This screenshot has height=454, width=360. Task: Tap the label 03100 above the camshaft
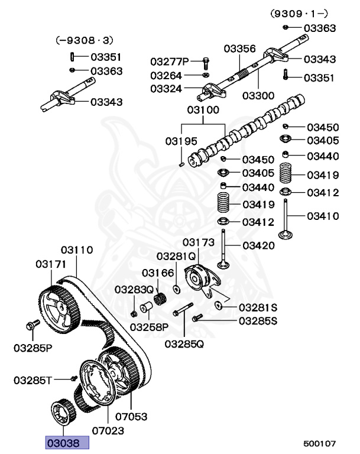click(x=203, y=110)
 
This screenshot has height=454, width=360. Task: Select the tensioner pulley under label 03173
click(x=197, y=278)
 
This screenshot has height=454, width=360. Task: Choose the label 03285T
click(x=33, y=379)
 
